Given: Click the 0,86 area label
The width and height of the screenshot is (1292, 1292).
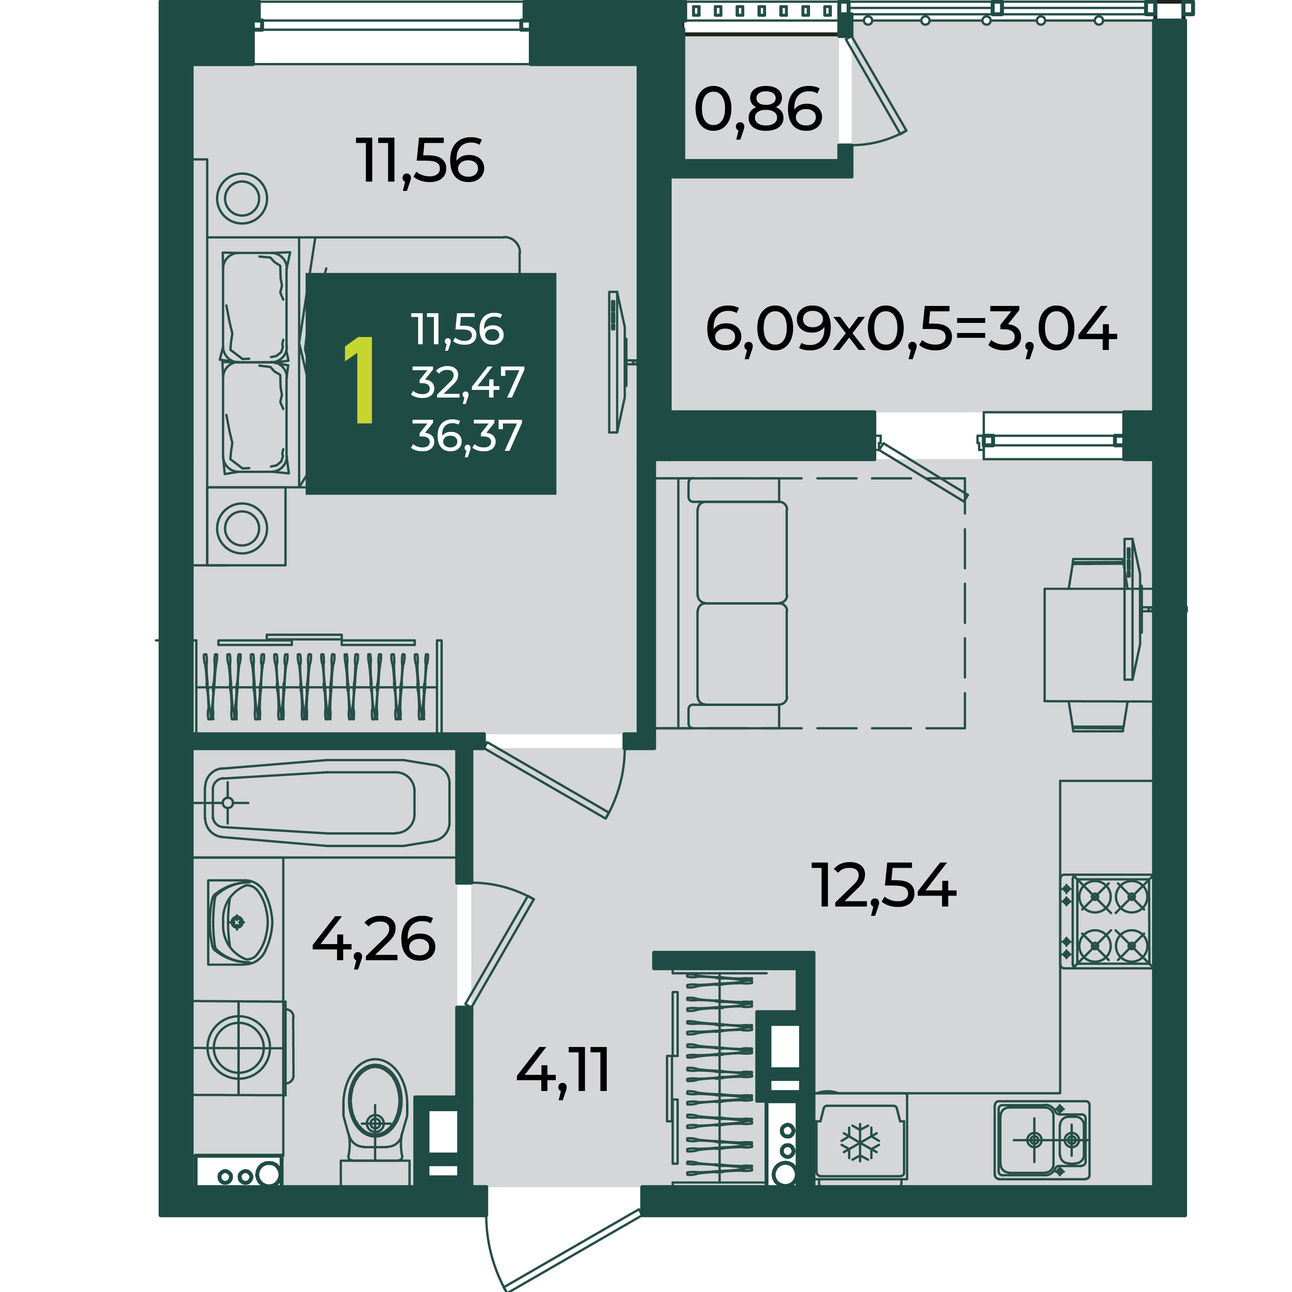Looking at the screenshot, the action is [x=758, y=110].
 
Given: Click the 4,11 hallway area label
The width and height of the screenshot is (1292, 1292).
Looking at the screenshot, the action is [x=563, y=1070].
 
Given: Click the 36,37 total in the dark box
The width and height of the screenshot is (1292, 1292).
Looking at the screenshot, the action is [x=466, y=436].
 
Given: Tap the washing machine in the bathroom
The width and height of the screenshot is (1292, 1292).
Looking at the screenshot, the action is [x=239, y=1048].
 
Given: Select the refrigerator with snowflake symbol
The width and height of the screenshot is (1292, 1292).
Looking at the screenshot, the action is [x=861, y=1140].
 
